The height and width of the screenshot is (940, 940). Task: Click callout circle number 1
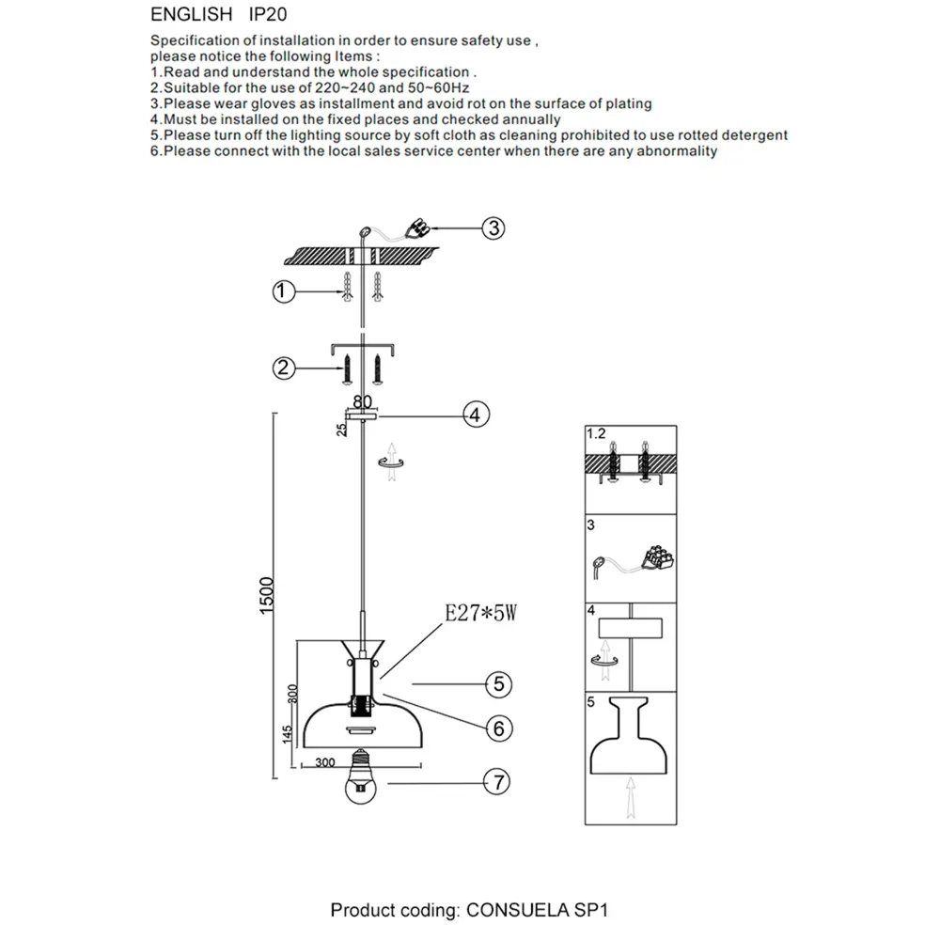pyautogui.click(x=280, y=292)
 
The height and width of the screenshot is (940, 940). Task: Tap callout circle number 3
pyautogui.click(x=494, y=227)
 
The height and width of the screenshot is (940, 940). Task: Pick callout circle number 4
pyautogui.click(x=476, y=414)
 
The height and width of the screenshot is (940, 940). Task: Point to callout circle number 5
pyautogui.click(x=498, y=684)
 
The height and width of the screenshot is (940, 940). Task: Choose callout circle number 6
pyautogui.click(x=498, y=728)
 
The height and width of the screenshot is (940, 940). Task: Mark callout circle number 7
pyautogui.click(x=498, y=780)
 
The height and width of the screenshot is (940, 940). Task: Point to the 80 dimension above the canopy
pyautogui.click(x=362, y=399)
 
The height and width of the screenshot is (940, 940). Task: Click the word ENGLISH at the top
pyautogui.click(x=191, y=15)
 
